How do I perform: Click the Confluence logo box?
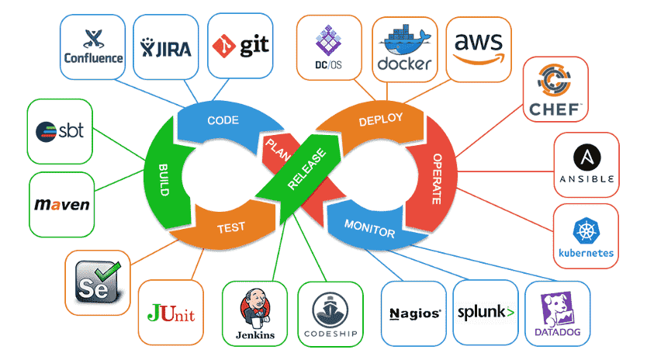[x=93, y=47]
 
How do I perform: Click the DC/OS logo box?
[x=329, y=47]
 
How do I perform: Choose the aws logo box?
[x=479, y=47]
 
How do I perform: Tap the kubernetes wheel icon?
[x=586, y=230]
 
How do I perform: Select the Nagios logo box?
[x=415, y=313]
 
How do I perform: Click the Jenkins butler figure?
[x=255, y=306]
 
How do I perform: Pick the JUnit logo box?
[x=171, y=313]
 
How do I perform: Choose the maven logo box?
[x=62, y=206]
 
